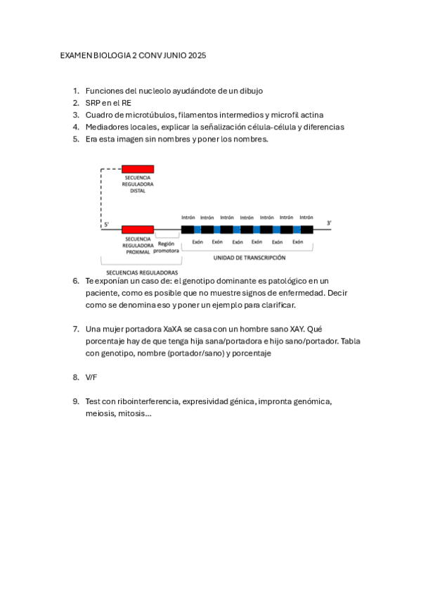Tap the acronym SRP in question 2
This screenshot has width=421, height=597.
tap(94, 103)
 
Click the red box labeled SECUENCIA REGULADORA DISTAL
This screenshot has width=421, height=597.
tap(138, 169)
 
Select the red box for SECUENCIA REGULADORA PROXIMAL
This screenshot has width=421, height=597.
tap(138, 230)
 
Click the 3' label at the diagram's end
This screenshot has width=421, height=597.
tap(329, 223)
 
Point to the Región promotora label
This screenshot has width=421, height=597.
tap(167, 246)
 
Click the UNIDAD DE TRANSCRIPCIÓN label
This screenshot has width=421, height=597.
tap(250, 258)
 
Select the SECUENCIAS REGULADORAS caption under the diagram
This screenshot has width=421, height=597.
tap(141, 272)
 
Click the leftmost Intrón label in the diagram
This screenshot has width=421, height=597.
tap(188, 218)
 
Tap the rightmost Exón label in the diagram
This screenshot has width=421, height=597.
tap(297, 241)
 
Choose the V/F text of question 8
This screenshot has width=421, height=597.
tap(91, 377)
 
